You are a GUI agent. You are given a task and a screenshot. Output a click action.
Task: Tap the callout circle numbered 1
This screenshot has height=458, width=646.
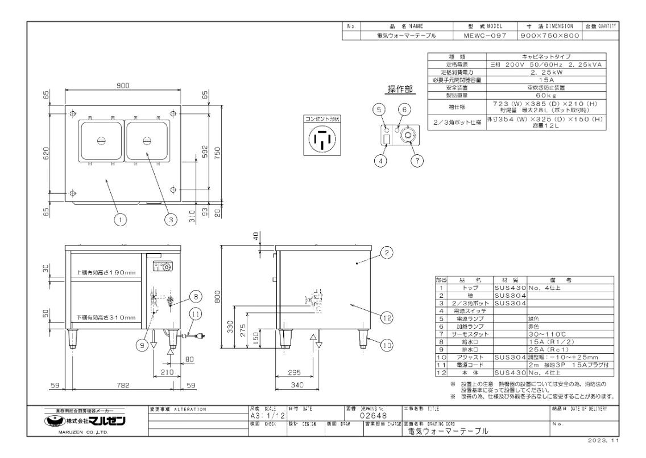click(120, 218)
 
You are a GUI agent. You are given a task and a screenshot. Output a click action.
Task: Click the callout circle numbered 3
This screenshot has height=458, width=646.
click(168, 218)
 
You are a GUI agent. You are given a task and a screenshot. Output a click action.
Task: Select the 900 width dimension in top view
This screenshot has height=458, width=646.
click(123, 85)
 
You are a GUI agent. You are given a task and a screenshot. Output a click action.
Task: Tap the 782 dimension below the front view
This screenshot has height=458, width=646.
click(123, 386)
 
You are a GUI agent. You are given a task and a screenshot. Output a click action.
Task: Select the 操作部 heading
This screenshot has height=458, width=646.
click(400, 89)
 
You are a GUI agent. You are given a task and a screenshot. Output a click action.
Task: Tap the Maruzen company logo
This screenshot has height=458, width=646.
click(84, 422)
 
